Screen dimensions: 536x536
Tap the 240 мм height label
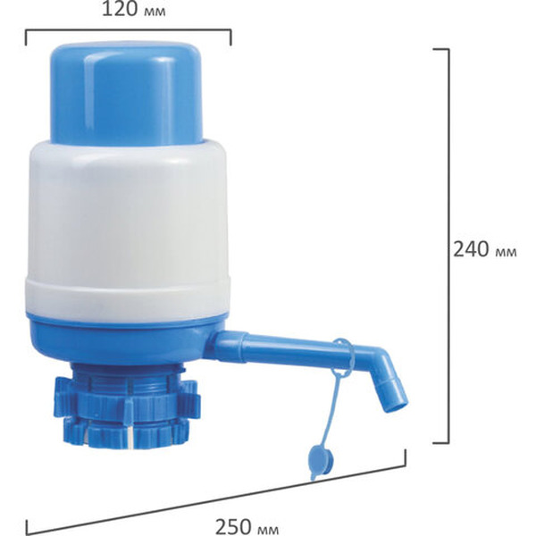coord(485,250)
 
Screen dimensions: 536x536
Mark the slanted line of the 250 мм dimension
coord(214,490)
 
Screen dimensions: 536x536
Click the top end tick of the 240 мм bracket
coord(440,48)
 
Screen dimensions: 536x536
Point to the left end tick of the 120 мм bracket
coord(26,39)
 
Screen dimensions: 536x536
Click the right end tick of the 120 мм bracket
coord(230,39)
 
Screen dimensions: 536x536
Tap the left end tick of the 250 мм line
coord(26,527)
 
